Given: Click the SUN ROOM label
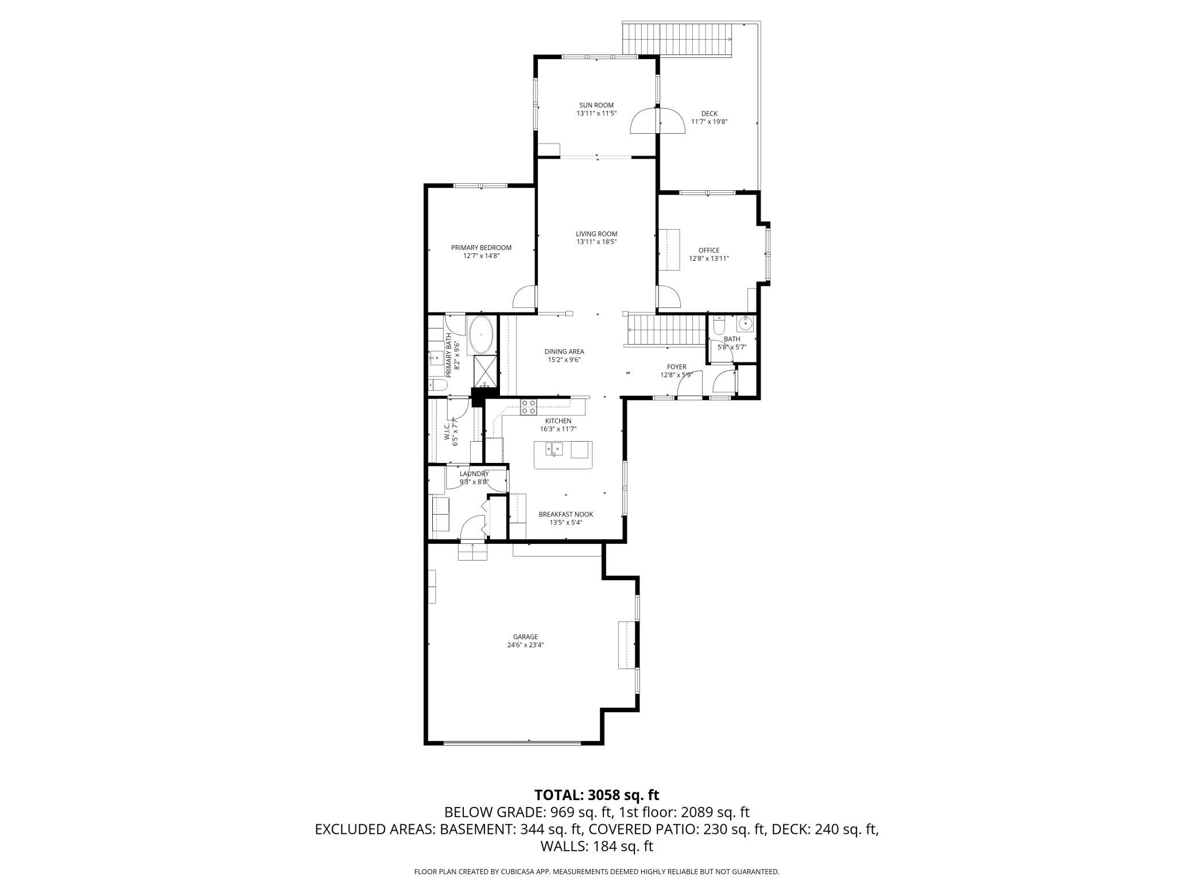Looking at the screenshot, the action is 596,105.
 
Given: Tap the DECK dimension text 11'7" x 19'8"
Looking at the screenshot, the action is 709,122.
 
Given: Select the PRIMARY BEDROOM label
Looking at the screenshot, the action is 481,248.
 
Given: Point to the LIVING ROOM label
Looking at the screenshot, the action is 596,234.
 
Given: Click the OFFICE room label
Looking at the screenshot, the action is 709,250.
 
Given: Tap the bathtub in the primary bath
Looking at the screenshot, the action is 481,335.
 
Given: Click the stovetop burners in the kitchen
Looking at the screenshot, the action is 529,407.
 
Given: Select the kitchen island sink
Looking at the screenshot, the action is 555,449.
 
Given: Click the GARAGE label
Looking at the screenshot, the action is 525,636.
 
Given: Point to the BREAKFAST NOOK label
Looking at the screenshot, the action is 565,515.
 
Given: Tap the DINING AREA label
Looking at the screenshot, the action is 564,352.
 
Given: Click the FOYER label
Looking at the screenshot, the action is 676,367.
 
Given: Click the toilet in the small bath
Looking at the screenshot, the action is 719,325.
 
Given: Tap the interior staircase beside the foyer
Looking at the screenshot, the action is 665,330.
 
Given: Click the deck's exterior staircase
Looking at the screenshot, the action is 678,39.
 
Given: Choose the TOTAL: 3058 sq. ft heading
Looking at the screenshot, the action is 596,795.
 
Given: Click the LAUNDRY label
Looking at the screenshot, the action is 474,474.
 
